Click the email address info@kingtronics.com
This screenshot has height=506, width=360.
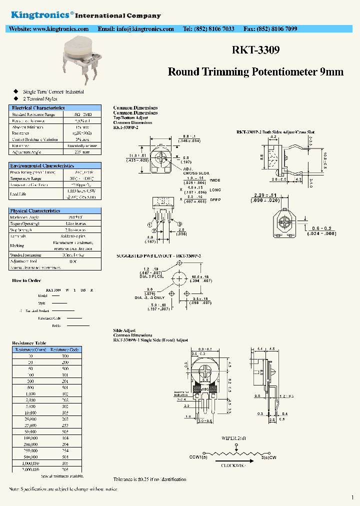[135, 29]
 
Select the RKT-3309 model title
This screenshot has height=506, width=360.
[255, 50]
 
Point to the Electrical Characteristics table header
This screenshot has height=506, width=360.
[38, 107]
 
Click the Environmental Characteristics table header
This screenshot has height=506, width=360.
[42, 165]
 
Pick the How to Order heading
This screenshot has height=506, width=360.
[26, 280]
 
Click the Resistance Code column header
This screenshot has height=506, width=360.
[65, 349]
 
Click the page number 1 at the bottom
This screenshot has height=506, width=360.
[352, 497]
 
